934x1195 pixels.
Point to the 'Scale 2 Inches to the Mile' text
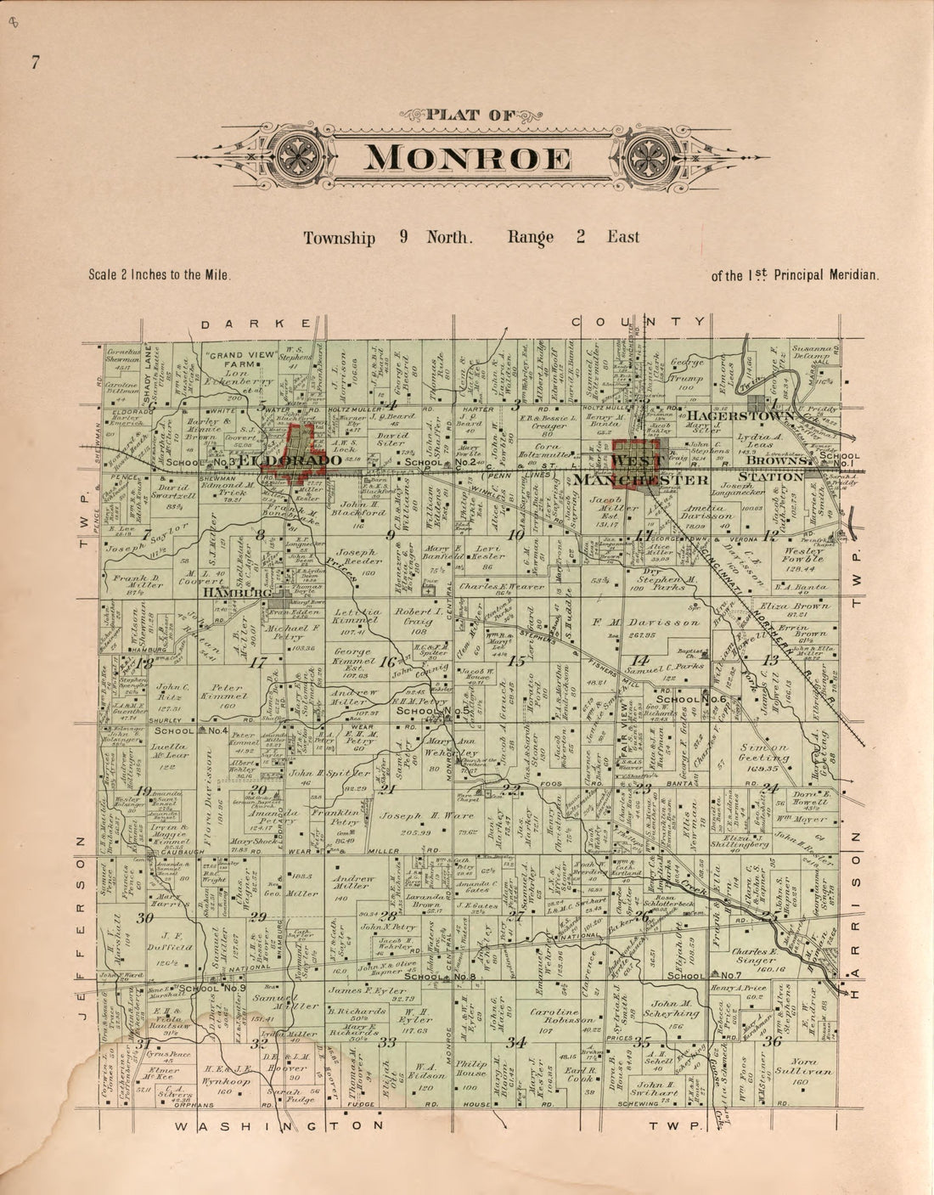click(160, 275)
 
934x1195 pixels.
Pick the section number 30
click(144, 918)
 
